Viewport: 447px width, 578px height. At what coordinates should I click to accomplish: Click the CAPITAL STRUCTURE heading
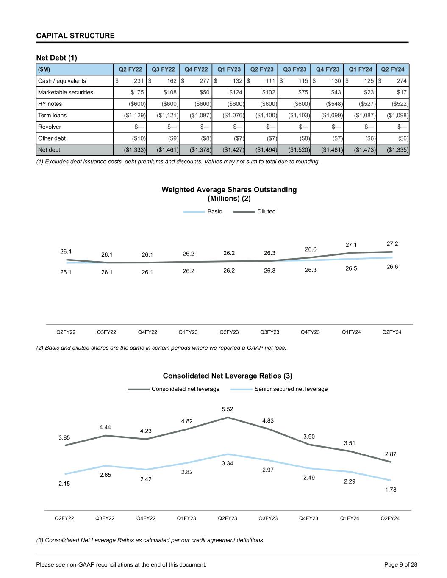pos(75,36)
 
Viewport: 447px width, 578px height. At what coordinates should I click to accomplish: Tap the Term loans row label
pos(52,115)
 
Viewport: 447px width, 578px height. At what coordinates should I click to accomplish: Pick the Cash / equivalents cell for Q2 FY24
pos(393,81)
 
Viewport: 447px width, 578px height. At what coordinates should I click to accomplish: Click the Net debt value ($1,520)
pos(294,149)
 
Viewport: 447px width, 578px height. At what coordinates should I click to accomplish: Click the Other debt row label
pos(52,138)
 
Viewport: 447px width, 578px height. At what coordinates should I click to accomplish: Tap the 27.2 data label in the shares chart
pos(392,244)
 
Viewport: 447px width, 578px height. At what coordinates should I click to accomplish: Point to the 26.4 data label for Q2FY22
pos(66,252)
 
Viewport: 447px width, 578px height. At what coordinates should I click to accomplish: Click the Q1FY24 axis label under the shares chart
pos(351,332)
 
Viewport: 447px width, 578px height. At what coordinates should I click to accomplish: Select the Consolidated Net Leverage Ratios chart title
pos(228,376)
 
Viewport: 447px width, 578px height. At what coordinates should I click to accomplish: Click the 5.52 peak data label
pos(228,409)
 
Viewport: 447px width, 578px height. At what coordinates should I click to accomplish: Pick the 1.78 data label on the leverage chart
pos(391,490)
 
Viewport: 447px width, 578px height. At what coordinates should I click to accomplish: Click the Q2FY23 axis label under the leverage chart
pos(228,518)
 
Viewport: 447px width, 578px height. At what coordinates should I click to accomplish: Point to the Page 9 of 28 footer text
pos(400,564)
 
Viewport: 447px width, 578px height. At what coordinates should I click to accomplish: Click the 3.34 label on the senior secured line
pos(228,464)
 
